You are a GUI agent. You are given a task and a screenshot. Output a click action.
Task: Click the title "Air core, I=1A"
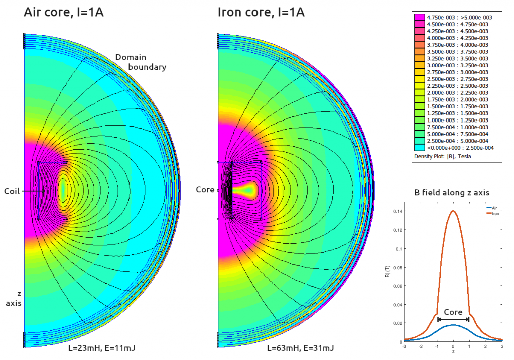pos(64,12)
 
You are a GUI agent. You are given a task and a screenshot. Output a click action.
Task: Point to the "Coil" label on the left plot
pos(12,191)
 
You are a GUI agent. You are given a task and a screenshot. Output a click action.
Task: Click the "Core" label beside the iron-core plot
pos(205,190)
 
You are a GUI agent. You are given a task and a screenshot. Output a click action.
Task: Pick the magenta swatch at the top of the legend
pos(418,17)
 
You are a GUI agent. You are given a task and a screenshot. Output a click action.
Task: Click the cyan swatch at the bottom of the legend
pos(418,147)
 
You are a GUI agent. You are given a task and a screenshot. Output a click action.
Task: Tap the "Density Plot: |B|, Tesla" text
pos(443,156)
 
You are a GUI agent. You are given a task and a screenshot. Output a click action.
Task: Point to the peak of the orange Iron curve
pos(453,211)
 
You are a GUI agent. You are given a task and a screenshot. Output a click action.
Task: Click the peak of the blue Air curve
pos(453,325)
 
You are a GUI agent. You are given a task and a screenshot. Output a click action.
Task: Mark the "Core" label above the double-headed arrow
pos(453,312)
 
